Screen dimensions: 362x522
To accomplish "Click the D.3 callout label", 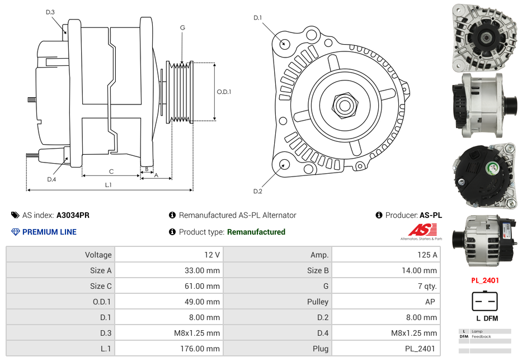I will (x=50, y=12).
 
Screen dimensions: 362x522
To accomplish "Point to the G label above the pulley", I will (x=182, y=28).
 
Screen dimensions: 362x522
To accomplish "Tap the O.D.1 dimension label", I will (x=224, y=92).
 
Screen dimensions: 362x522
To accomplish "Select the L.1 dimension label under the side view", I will (x=108, y=184).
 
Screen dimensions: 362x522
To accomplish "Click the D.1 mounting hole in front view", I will (x=284, y=43).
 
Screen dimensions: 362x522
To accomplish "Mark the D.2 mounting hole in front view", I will (x=284, y=164).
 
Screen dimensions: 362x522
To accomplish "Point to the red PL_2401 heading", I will (x=485, y=280).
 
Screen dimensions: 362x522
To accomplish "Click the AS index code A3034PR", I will (x=73, y=215).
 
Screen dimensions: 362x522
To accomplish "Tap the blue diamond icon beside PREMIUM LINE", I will (x=15, y=232).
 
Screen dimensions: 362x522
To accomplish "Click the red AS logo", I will (x=422, y=230).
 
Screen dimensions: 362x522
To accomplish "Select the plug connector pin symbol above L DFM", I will (x=485, y=302).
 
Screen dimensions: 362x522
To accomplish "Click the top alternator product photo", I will (x=485, y=37).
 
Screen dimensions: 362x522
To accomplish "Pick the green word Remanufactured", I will (x=256, y=232).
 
